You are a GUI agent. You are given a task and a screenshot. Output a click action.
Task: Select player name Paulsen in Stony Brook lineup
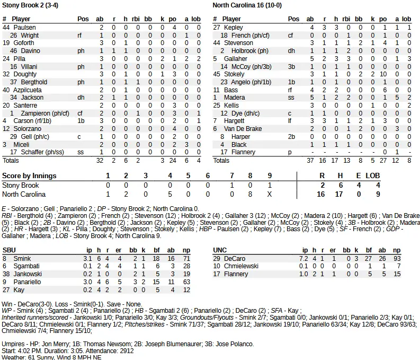click(x=24, y=27)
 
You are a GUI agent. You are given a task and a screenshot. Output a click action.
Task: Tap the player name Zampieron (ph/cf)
click(x=45, y=113)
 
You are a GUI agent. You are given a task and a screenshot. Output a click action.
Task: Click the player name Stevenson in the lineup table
click(x=238, y=43)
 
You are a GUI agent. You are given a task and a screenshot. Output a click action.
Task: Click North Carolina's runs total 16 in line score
click(x=320, y=195)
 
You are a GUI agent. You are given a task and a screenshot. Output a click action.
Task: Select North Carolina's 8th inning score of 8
click(x=249, y=195)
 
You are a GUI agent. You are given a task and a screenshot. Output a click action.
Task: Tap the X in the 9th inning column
click(x=270, y=195)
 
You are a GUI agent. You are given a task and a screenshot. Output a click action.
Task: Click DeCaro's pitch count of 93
click(x=397, y=258)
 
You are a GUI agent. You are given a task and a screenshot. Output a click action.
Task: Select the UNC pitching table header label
click(x=220, y=250)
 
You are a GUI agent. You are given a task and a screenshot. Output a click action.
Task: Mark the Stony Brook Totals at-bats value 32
click(x=100, y=160)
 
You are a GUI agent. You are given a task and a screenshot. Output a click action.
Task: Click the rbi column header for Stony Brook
click(x=138, y=19)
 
